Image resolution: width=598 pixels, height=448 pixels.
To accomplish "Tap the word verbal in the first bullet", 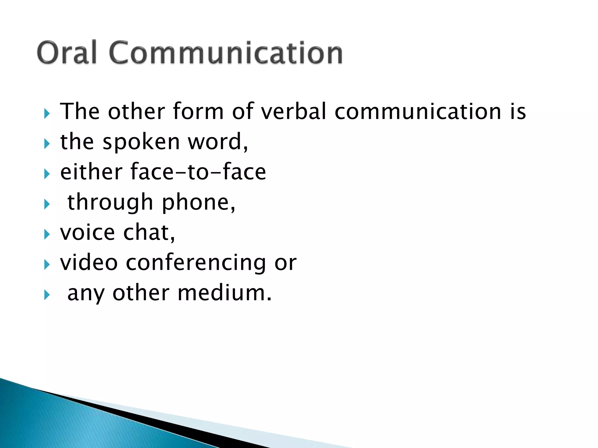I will [x=293, y=111].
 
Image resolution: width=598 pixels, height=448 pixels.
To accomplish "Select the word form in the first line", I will [x=198, y=111].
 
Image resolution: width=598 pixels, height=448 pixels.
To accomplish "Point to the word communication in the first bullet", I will [x=418, y=111].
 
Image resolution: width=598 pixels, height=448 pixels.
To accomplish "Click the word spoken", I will [x=141, y=142].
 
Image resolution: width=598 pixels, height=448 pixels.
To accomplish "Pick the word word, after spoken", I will [x=218, y=142].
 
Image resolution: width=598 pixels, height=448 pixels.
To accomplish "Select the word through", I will [x=110, y=202].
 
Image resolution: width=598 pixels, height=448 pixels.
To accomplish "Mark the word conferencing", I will [x=196, y=263].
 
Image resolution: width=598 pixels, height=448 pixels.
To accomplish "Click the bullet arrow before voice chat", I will [x=47, y=234].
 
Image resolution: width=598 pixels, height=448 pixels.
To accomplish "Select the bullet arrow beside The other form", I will [x=47, y=113].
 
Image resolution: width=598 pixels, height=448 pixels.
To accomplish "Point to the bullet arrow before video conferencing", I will [x=47, y=264].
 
